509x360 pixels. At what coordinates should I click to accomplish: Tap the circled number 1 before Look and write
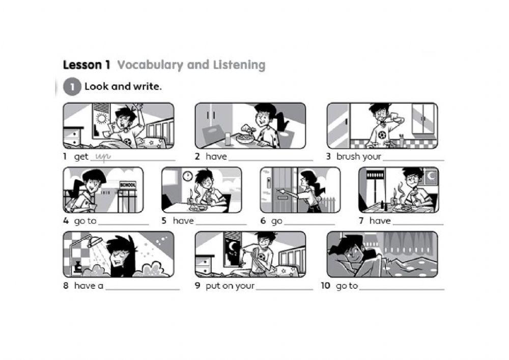click(72, 87)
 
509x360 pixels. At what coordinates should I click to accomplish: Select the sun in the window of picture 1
click(101, 119)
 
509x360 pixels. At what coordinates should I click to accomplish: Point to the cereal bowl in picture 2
click(245, 136)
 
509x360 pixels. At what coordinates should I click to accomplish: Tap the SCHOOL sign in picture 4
click(127, 185)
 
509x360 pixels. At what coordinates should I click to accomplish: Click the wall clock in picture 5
click(187, 176)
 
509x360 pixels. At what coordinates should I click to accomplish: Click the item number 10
click(325, 286)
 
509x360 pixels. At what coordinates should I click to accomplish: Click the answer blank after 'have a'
click(143, 288)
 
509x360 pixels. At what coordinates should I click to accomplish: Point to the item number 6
click(263, 221)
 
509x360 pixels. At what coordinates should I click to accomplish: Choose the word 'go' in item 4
click(79, 221)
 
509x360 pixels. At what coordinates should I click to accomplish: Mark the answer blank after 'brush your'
click(413, 159)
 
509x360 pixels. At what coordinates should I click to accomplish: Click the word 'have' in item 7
click(380, 221)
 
